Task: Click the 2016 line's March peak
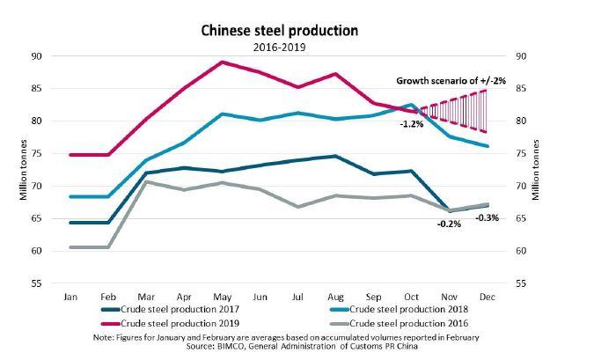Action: tap(147, 182)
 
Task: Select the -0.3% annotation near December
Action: tap(488, 217)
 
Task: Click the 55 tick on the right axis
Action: tap(522, 284)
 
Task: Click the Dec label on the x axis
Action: tap(488, 297)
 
